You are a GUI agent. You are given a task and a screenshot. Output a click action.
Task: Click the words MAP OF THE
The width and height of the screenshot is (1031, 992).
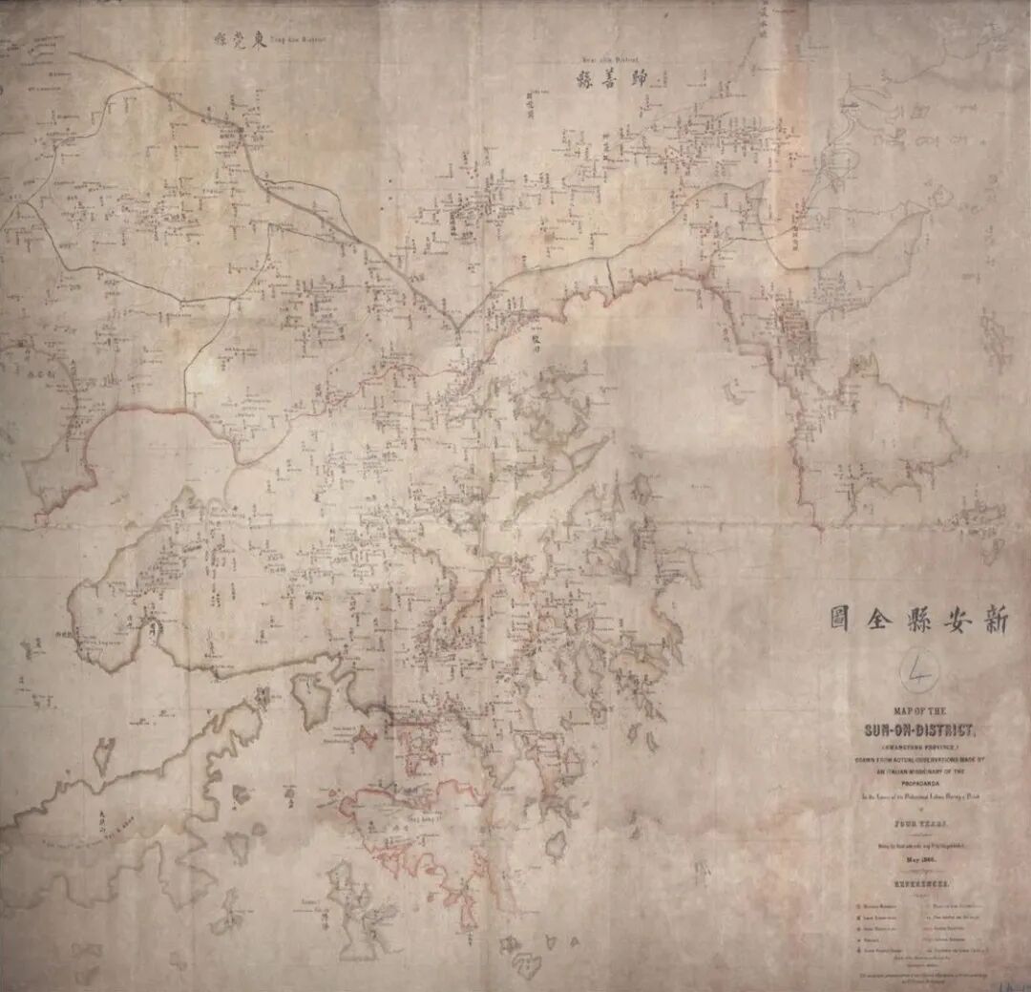tap(920, 712)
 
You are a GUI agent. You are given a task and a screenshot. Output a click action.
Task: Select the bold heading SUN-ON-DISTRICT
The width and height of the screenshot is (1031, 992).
tap(921, 730)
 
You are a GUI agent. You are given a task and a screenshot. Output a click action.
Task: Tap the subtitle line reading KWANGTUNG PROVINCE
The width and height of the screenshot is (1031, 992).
tap(920, 748)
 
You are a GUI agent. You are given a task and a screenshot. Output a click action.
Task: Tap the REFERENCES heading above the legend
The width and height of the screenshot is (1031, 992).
tap(920, 883)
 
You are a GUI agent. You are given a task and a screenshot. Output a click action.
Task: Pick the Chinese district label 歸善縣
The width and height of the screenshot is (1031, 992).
tap(611, 79)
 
